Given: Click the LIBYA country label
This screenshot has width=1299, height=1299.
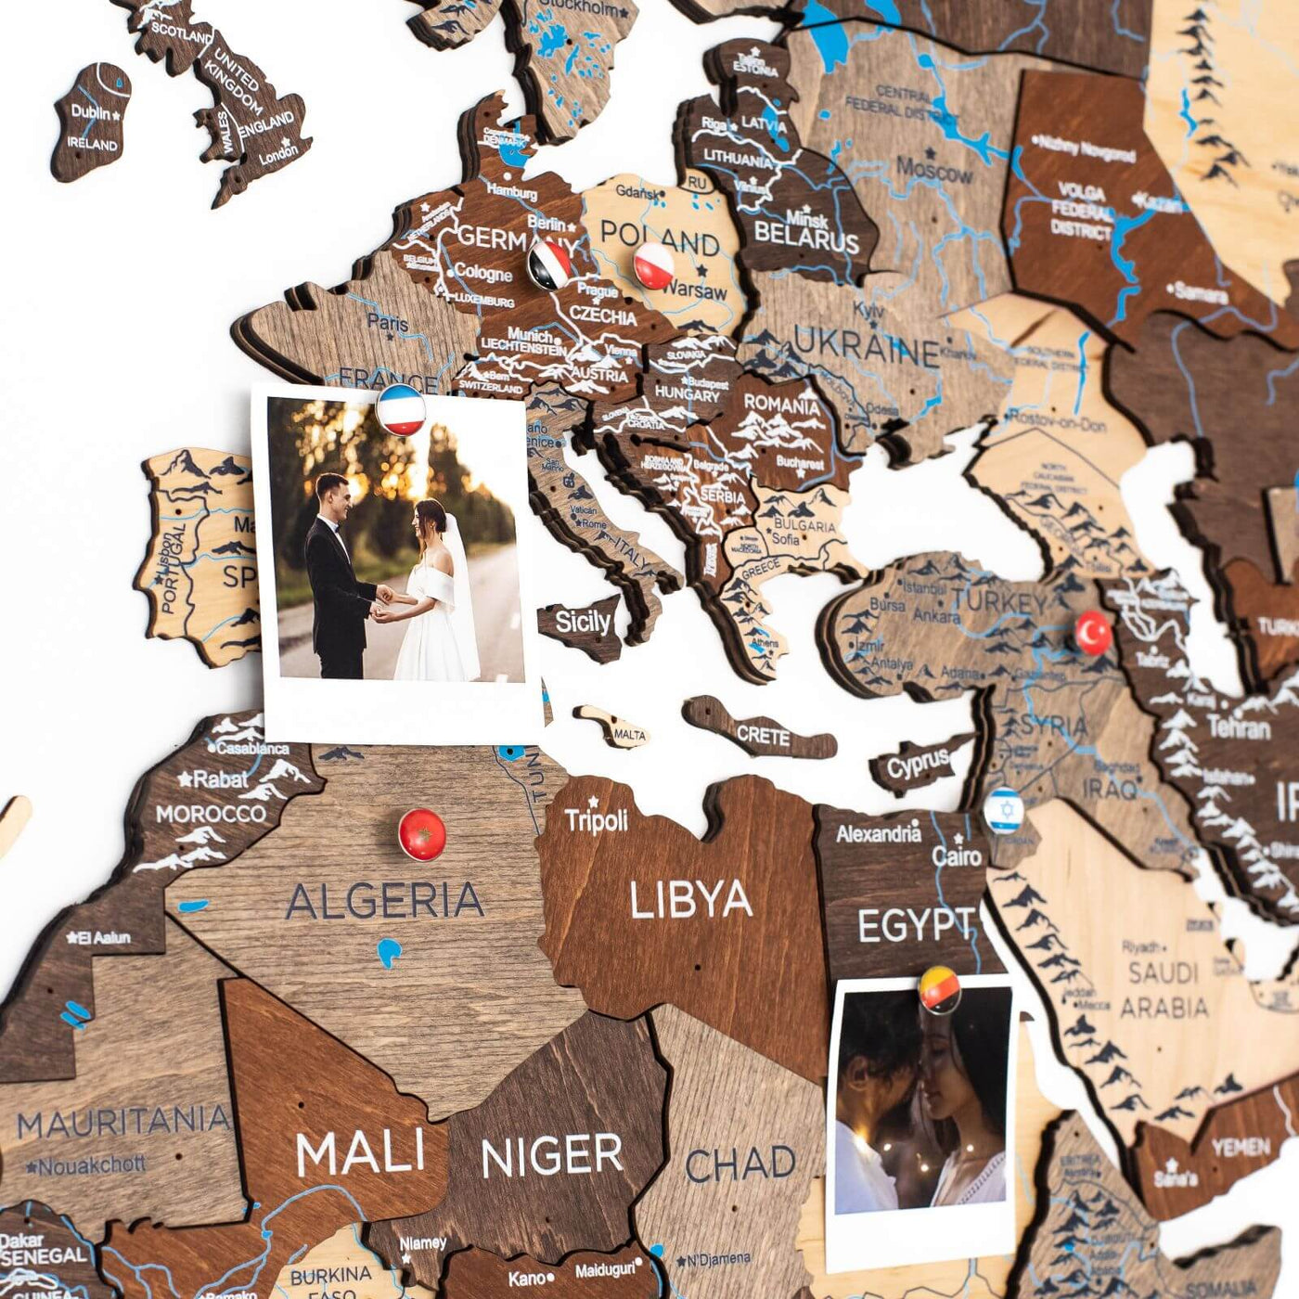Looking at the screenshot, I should [690, 899].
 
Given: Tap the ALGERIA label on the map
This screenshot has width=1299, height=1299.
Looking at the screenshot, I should [384, 900].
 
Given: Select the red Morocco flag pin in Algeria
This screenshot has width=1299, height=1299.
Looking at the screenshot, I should [421, 833].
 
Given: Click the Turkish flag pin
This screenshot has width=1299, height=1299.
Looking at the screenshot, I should [1093, 633].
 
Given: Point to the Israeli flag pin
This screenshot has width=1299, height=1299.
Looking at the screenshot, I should [1003, 809].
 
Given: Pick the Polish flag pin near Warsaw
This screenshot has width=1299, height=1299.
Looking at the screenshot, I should [653, 264].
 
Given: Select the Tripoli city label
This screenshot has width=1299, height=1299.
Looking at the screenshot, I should [597, 821].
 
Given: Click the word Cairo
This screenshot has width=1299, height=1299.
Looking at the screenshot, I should [956, 855].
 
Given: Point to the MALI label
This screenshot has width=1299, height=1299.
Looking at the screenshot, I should [360, 1153].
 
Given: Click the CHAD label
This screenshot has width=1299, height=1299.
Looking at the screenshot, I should [740, 1164].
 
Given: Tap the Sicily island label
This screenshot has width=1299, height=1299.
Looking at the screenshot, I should [583, 621].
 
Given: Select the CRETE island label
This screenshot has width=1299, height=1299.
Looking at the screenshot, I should [763, 736].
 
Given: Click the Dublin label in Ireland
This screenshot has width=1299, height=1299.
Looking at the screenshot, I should [91, 112].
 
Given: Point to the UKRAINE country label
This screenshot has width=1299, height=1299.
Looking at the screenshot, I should [868, 351].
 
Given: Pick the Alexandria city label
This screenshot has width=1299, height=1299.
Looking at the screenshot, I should [878, 833].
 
